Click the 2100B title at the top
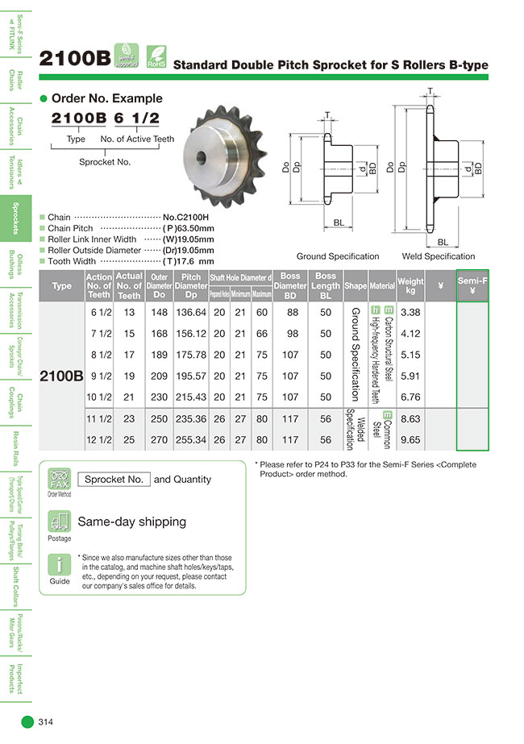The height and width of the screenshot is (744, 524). [75, 58]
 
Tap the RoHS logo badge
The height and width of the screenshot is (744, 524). [155, 55]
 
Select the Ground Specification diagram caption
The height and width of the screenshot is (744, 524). [337, 256]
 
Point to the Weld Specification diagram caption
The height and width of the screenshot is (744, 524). [438, 256]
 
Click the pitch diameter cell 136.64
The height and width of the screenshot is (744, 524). [191, 312]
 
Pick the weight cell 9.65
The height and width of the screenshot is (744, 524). [411, 441]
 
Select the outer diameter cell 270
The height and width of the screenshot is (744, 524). [159, 441]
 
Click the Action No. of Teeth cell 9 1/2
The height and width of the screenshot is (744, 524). [99, 376]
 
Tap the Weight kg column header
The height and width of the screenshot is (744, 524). [410, 285]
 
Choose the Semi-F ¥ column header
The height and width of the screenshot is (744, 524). [472, 285]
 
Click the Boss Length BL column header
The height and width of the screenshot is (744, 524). [326, 285]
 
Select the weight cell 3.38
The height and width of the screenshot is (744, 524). [411, 312]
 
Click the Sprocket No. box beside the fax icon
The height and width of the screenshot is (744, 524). [114, 479]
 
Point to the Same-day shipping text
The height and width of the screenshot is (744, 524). [131, 522]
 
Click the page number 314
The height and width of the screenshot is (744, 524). [46, 722]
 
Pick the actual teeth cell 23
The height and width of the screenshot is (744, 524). [129, 420]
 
